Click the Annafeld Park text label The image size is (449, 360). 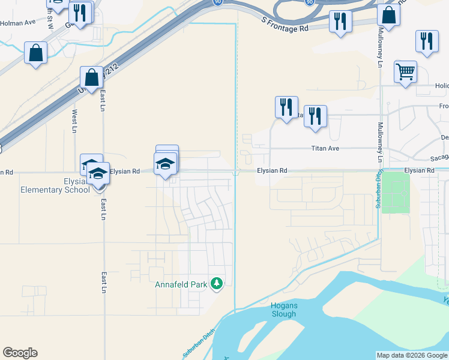coord(181,284)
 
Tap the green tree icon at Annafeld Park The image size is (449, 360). coord(217,283)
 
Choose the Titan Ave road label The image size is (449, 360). coord(325,148)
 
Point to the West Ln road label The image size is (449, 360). coord(74,121)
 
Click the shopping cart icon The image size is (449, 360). coord(406,72)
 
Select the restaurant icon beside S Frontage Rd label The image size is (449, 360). coord(340,22)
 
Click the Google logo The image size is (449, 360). coord(20,353)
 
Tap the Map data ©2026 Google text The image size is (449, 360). coord(411,355)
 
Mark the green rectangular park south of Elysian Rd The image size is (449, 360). coord(396,193)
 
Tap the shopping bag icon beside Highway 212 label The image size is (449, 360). coord(92,77)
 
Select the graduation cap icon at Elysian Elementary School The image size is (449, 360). coord(98,174)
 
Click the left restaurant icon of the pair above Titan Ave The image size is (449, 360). coord(286,107)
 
